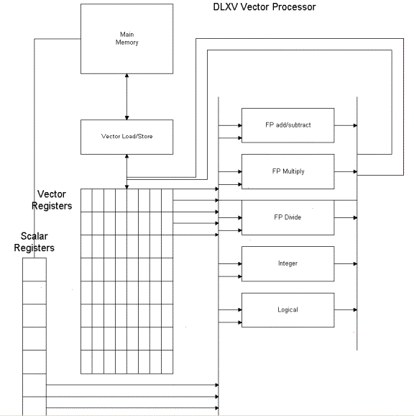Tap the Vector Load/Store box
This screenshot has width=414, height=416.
126,136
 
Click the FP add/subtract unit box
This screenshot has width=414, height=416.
287,125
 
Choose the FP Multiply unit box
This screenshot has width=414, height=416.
287,171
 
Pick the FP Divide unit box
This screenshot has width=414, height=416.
287,217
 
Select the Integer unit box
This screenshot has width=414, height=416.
287,263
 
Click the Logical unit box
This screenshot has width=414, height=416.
287,309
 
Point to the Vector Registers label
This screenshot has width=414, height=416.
55,200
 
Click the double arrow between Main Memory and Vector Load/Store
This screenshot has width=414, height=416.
126,96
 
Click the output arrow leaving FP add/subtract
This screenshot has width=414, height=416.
345,125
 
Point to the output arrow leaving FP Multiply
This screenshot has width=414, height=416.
345,171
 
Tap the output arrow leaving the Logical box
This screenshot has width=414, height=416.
345,309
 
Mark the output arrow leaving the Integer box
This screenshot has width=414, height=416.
345,263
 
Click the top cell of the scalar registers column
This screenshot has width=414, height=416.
34,269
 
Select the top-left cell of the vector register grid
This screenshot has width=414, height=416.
86,200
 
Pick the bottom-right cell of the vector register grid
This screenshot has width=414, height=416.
167,361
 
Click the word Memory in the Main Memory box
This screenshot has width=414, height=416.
126,42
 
